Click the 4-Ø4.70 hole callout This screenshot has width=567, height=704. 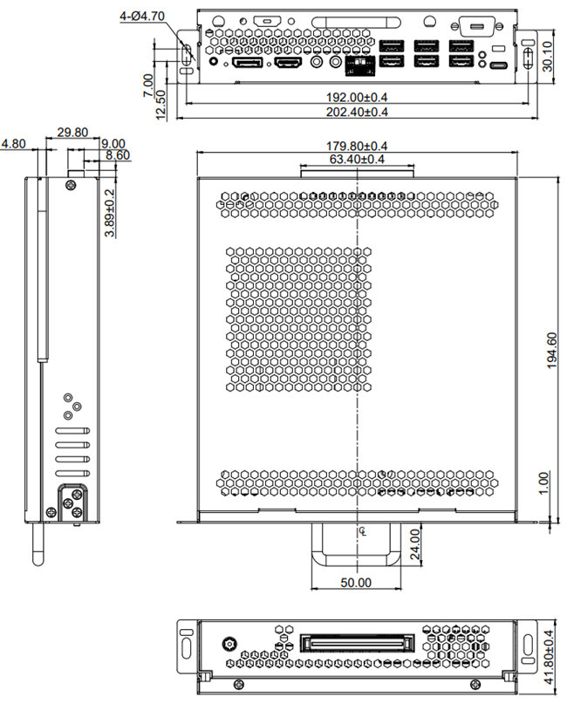pyautogui.click(x=142, y=17)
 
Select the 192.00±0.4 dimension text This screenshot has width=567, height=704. pyautogui.click(x=357, y=97)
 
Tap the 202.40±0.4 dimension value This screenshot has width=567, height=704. pyautogui.click(x=357, y=112)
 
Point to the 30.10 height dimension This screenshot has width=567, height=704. pyautogui.click(x=547, y=56)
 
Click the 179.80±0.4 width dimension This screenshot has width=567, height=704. pyautogui.click(x=357, y=146)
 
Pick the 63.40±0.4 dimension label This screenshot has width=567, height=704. pyautogui.click(x=357, y=159)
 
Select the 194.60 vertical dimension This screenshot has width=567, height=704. pyautogui.click(x=552, y=350)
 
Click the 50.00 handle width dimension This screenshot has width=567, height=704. pyautogui.click(x=356, y=583)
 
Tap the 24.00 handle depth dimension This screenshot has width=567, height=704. pyautogui.click(x=415, y=544)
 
